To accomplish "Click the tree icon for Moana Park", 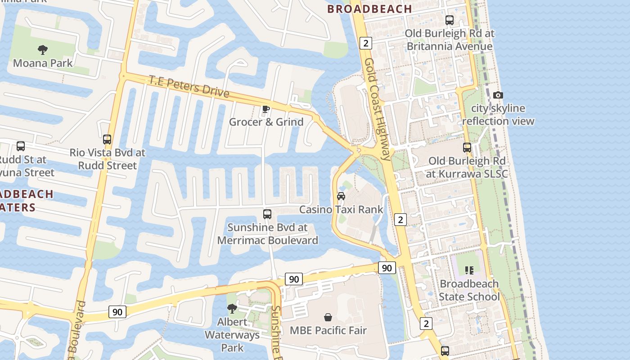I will [43, 49].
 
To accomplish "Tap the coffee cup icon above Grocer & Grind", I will [266, 109].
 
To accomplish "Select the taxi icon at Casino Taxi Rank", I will [341, 196].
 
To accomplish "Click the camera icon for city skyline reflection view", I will [498, 95].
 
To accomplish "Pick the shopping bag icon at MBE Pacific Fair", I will [328, 317].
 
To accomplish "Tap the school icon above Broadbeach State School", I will [469, 270].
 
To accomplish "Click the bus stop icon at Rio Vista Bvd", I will [107, 139].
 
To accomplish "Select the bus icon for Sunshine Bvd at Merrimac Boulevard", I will [267, 214].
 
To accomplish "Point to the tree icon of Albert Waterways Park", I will [232, 309].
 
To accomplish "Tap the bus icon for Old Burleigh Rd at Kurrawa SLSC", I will [467, 148].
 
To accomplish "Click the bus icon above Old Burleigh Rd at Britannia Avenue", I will [450, 20].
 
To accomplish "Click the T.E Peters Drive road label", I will [189, 86].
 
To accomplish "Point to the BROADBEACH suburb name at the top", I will [369, 9].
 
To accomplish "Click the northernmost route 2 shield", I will [366, 43].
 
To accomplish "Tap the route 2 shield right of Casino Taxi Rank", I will [400, 220].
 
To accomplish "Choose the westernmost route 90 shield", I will [117, 312].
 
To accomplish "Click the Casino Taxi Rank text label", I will [341, 209].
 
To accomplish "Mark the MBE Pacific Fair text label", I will [328, 330].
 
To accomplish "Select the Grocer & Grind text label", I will [266, 122].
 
